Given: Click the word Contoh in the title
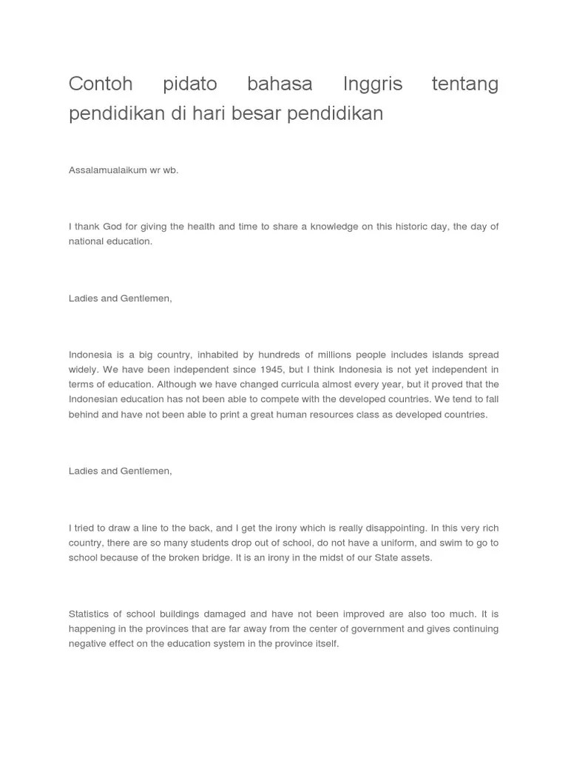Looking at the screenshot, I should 100,84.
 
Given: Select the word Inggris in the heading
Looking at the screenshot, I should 373,84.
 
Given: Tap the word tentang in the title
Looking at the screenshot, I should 464,84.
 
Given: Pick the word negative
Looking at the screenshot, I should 87,644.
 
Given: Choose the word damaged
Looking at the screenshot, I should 224,614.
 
